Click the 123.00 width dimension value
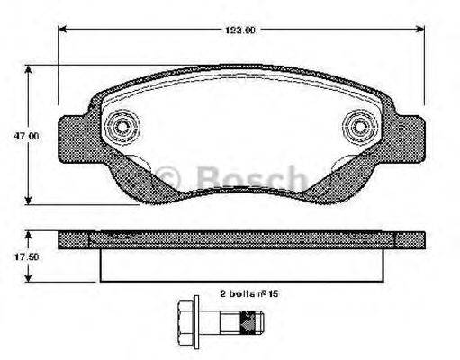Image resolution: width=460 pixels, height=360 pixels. click(x=240, y=30)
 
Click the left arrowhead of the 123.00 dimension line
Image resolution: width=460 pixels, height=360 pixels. click(x=62, y=30)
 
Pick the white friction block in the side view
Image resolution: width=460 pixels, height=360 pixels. click(x=240, y=264)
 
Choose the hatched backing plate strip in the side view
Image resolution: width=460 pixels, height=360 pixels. click(x=240, y=239)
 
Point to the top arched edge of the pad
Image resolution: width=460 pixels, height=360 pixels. click(x=240, y=73)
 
